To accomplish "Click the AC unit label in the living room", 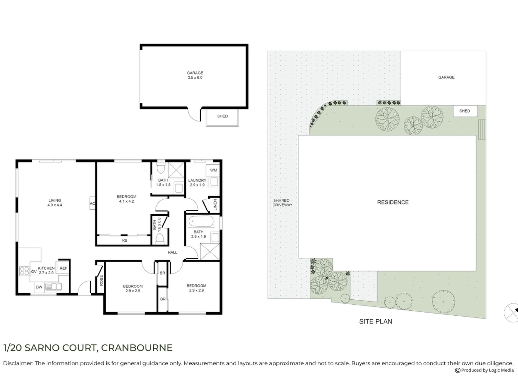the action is [92, 203].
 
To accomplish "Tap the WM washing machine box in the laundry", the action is [213, 170].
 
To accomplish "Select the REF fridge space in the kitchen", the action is [63, 268].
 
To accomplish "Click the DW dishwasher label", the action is [39, 287].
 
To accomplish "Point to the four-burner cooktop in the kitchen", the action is [25, 271].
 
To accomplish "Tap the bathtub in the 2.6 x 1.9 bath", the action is [201, 221].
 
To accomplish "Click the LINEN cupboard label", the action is [215, 204].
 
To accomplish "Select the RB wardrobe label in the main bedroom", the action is [125, 240].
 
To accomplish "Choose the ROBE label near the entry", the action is [101, 280].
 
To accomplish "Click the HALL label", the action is [173, 253].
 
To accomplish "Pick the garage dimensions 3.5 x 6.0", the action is [195, 78].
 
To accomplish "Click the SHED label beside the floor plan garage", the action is [222, 116].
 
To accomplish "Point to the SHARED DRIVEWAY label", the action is [282, 203].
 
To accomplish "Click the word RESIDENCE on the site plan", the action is [393, 202].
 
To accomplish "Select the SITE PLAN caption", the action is [376, 322].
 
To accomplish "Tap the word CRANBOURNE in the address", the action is [137, 348].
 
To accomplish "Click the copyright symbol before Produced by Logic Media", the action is [458, 370].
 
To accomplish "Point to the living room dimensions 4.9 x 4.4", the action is [55, 205].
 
